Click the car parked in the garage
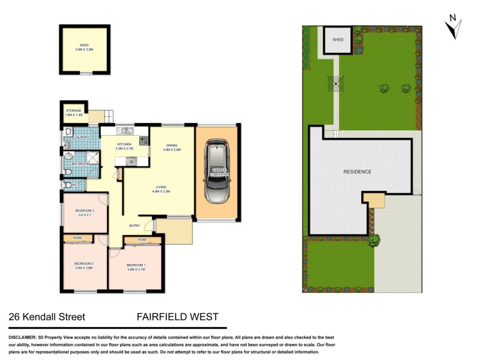click(x=217, y=172)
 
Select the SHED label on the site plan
click(x=338, y=39)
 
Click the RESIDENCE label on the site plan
click(x=357, y=172)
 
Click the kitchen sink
click(x=126, y=130)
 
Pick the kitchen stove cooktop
click(x=144, y=141)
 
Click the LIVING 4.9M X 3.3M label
click(x=161, y=190)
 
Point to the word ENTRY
click(x=134, y=226)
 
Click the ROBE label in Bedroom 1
click(x=142, y=239)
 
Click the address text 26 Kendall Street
click(x=47, y=317)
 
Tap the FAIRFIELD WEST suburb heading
click(x=178, y=317)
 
